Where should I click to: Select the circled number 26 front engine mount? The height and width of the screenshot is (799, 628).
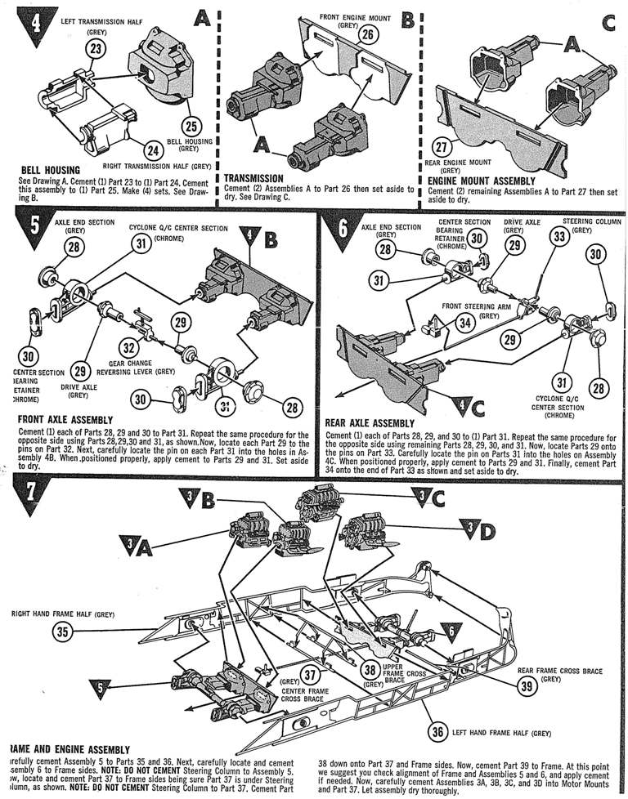369,34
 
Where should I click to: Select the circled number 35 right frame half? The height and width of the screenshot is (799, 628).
61,631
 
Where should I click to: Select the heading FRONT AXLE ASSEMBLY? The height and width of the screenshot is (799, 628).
70,419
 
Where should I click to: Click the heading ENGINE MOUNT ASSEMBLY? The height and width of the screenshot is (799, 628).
482,181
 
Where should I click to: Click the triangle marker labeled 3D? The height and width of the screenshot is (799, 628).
477,532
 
